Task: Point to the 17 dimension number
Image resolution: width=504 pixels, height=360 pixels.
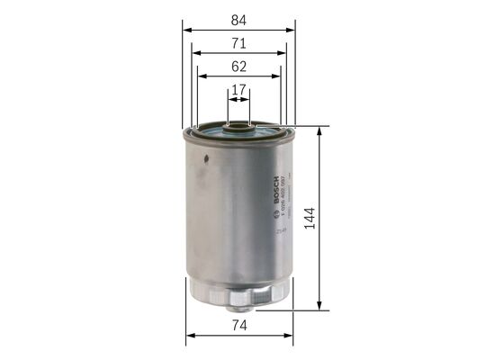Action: [238, 90]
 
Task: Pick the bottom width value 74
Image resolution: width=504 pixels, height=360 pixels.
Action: [238, 327]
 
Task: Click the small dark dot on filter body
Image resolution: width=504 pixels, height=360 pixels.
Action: [205, 163]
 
